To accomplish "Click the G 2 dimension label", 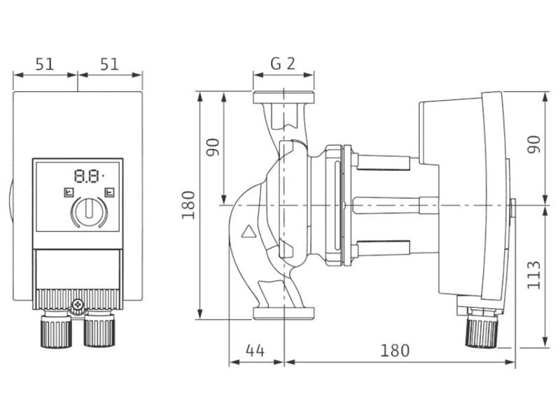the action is click(x=283, y=64).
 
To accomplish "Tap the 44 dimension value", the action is click(x=255, y=351).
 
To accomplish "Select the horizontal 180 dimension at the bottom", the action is click(x=395, y=351).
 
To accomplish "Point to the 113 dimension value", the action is click(x=534, y=274).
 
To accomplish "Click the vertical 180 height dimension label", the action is click(x=188, y=205).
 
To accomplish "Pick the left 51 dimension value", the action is click(x=45, y=64).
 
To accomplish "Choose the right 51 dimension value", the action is click(x=109, y=64).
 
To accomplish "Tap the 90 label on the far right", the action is click(x=534, y=144).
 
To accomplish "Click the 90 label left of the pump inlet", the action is click(x=213, y=147).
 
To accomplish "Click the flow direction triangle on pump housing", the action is click(x=249, y=232).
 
